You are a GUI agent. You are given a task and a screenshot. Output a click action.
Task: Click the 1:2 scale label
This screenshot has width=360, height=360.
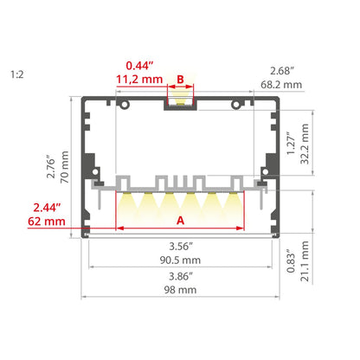click(17, 74)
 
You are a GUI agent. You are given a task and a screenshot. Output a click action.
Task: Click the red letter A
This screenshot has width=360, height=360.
click(180, 221)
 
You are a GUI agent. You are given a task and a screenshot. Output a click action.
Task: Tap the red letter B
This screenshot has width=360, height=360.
click(180, 79)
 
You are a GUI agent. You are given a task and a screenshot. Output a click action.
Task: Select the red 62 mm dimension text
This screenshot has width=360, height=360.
click(47, 222)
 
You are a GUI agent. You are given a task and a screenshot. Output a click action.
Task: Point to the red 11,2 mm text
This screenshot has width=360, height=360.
click(139, 80)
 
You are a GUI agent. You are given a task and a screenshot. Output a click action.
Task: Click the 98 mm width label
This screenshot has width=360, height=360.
click(180, 290)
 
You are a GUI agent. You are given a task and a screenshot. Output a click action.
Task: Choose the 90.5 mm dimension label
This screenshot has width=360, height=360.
click(180, 260)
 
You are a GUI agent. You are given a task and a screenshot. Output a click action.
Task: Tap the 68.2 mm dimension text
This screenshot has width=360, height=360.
click(281, 85)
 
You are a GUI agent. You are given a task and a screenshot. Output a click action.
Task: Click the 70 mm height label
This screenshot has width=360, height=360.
click(64, 167)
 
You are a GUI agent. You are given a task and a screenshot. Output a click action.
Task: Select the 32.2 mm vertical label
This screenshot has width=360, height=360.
click(305, 144)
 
